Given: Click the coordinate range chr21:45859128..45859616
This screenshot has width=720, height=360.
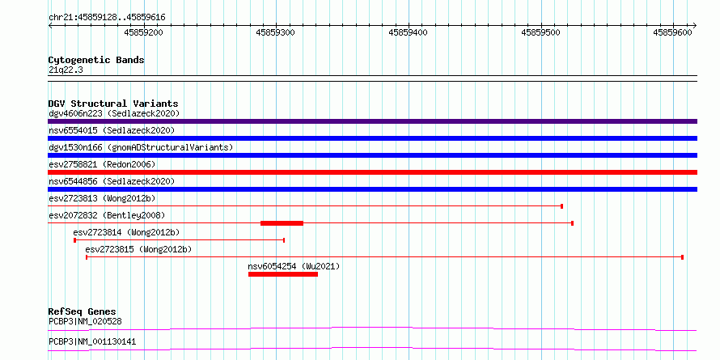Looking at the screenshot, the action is click(107, 18).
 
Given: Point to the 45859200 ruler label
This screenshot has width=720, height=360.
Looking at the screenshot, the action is click(144, 32).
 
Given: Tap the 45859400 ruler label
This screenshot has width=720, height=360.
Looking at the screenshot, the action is click(409, 32).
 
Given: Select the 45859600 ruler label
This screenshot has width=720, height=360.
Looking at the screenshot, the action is click(673, 32).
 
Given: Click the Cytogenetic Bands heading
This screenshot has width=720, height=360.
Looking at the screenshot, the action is click(96, 60).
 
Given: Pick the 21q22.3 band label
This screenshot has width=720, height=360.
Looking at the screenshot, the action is click(66, 70).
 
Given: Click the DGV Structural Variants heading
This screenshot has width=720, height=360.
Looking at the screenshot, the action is click(113, 104).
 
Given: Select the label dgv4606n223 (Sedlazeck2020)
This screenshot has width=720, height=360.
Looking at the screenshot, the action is click(114, 113).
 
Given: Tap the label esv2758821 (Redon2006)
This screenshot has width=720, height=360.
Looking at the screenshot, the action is click(102, 164).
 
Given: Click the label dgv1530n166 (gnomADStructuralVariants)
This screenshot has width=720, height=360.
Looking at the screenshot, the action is click(141, 147).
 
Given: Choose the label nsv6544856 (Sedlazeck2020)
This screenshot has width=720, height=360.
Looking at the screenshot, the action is click(112, 181).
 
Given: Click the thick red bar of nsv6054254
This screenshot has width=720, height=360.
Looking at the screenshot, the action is click(283, 274).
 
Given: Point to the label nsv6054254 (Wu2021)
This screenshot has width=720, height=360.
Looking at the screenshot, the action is click(294, 266).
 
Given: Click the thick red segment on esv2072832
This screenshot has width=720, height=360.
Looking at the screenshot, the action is click(282, 223).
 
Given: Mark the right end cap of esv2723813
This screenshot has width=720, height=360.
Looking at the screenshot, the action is click(562, 206).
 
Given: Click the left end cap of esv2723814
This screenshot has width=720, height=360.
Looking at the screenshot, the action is click(75, 240).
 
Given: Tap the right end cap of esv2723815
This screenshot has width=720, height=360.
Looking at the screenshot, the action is click(682, 257).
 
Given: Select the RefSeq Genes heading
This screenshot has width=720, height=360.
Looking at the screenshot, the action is click(83, 311).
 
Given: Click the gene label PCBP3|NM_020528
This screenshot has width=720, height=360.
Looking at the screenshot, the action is click(85, 321).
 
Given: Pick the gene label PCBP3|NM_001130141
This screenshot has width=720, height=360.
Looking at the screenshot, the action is click(92, 342).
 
